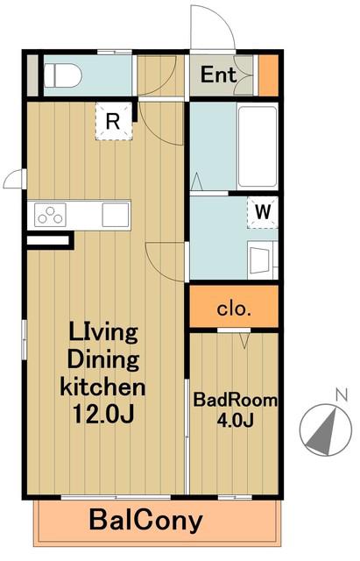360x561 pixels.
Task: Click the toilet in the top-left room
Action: pos(63,75)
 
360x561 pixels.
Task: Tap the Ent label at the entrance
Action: pos(218,75)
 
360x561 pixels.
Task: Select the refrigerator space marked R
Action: pos(114,121)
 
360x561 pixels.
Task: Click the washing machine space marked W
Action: pos(263,212)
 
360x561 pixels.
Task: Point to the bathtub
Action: pos(258,146)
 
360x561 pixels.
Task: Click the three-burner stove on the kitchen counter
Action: pos(50,214)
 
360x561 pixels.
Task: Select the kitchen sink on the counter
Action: pos(116,214)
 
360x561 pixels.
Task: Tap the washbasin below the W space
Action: pos(262,260)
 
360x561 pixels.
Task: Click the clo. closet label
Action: pos(234,309)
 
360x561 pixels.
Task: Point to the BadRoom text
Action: pos(236,400)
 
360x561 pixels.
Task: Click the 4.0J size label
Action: pos(236,420)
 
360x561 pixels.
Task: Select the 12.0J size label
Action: pos(103,414)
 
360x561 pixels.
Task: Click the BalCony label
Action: pos(146,521)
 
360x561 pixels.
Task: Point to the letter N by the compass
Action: pos(342,394)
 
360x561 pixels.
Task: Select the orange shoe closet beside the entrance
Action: pos(268,75)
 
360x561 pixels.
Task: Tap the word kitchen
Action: pos(103,387)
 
